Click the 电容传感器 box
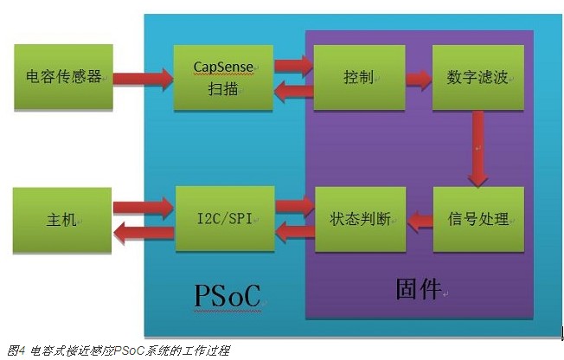pyautogui.click(x=63, y=77)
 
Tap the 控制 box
pyautogui.click(x=358, y=77)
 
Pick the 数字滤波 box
pyautogui.click(x=478, y=77)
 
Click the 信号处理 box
pyautogui.click(x=478, y=218)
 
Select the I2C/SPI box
pyautogui.click(x=224, y=218)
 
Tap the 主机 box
pyautogui.click(x=63, y=218)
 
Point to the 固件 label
pyautogui.click(x=418, y=288)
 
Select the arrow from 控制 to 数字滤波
pyautogui.click(x=419, y=80)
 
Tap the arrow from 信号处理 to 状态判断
pyautogui.click(x=420, y=221)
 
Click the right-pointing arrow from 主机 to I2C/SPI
pyautogui.click(x=144, y=207)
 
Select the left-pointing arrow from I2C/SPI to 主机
pyautogui.click(x=144, y=231)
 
